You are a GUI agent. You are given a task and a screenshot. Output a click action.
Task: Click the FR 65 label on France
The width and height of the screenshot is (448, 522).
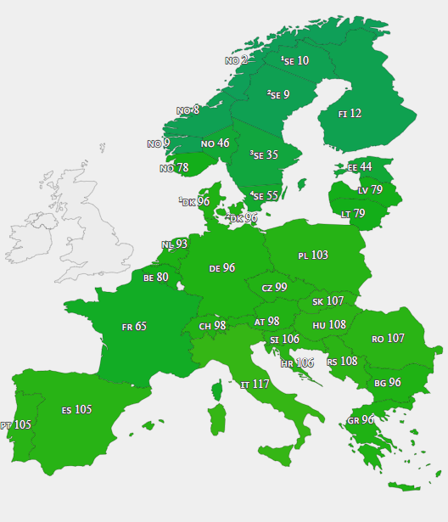[x=134, y=326]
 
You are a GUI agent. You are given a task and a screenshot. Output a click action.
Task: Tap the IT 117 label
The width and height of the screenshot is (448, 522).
[x=255, y=384]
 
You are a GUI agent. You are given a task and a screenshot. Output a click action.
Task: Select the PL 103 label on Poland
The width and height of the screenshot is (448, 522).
[x=313, y=255]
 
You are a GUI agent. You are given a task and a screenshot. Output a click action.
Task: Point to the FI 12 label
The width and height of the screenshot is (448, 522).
[x=350, y=113]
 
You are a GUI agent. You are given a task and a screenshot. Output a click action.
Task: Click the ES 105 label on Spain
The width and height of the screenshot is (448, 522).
[x=76, y=410]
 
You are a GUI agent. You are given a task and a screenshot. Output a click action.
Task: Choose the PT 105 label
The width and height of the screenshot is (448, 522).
[x=16, y=425]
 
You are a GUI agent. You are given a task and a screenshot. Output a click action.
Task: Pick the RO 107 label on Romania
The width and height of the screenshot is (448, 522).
[x=388, y=339]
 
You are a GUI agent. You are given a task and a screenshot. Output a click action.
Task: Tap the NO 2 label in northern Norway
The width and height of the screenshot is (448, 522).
[x=236, y=60]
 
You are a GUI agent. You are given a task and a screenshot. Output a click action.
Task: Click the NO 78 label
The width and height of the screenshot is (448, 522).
[x=174, y=168]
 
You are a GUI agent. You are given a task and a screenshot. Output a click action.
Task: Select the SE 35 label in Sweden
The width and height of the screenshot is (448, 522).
[x=264, y=155]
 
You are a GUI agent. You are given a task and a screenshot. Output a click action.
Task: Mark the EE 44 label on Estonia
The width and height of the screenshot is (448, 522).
[x=360, y=167]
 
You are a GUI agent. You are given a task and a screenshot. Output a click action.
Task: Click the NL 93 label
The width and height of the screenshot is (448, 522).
[x=174, y=244]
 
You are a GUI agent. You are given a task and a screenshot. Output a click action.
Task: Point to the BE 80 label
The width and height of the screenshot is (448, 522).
[x=156, y=277]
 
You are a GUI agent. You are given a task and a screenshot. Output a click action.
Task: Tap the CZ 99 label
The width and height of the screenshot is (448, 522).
[x=274, y=288]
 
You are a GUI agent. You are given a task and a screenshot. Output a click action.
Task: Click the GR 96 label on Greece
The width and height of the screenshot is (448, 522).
[x=361, y=420]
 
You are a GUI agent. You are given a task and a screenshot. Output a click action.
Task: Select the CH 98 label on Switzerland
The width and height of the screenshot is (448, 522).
[x=212, y=326]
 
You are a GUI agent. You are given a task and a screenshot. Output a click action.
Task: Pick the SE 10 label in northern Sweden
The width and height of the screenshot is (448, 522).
[x=295, y=61]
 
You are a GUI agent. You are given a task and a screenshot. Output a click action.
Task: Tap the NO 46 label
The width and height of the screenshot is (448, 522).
[x=215, y=143]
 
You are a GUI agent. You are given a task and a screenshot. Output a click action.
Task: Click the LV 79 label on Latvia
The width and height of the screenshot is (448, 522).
[x=370, y=190]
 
